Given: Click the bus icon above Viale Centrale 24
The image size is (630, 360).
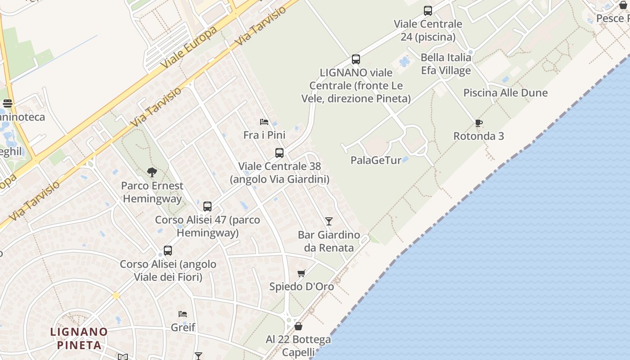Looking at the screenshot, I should pyautogui.click(x=428, y=11).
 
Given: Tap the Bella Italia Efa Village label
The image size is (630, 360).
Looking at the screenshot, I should pyautogui.click(x=446, y=64).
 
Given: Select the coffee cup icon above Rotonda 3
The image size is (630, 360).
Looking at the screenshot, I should pyautogui.click(x=479, y=123).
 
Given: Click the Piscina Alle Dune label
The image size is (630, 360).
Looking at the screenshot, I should pyautogui.click(x=505, y=93).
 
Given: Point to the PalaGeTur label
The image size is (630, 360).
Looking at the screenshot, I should pyautogui.click(x=376, y=160).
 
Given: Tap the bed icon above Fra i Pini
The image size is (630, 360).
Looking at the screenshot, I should pyautogui.click(x=264, y=122).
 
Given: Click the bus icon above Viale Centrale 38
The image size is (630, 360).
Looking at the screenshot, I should pyautogui.click(x=279, y=153).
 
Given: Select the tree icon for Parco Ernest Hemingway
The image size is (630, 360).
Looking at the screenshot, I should pyautogui.click(x=152, y=172).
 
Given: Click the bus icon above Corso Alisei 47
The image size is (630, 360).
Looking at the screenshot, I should pyautogui.click(x=207, y=207).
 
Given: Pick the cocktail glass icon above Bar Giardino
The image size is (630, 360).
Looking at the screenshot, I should pyautogui.click(x=329, y=221).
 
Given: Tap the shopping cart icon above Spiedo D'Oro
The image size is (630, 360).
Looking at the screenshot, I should pyautogui.click(x=301, y=274).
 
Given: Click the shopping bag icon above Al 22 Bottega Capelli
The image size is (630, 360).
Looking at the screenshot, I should pyautogui.click(x=298, y=326).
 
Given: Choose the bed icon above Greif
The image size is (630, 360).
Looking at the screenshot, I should pyautogui.click(x=183, y=314).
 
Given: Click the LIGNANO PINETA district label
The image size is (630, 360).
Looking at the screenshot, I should pyautogui.click(x=79, y=338).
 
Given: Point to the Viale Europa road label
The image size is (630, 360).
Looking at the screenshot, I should pyautogui.click(x=189, y=47).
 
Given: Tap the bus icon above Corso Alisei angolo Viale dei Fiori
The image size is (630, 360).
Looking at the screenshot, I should pyautogui.click(x=168, y=251).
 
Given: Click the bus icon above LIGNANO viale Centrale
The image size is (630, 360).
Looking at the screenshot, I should pyautogui.click(x=356, y=59).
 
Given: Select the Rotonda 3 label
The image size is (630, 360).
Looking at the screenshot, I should pyautogui.click(x=478, y=136).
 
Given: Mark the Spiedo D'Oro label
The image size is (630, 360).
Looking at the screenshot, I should pyautogui.click(x=301, y=287).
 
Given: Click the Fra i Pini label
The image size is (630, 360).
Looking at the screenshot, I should pyautogui.click(x=264, y=135).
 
